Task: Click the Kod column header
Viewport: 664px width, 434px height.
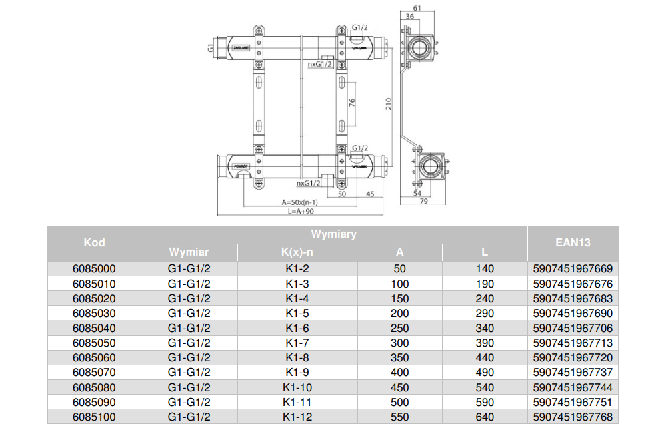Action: pos(94,243)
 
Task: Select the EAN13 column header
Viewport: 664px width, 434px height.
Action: pos(573,243)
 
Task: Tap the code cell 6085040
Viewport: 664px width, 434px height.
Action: pos(94,328)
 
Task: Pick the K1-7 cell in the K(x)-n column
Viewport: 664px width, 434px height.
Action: pos(297,343)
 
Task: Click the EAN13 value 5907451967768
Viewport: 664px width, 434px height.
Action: pos(573,417)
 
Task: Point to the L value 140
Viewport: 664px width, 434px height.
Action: pos(485,269)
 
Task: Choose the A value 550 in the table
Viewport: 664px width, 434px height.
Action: pos(400,417)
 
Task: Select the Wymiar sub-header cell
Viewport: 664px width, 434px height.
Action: pos(189,252)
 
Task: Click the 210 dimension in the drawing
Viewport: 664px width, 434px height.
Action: pos(389,103)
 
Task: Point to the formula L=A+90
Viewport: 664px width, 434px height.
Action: pos(300,211)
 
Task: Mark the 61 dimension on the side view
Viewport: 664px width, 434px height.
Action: pos(417,7)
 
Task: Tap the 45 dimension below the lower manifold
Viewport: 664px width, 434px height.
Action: pos(370,194)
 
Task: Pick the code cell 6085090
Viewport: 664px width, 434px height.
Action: pos(94,403)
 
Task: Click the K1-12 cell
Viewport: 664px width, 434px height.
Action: pos(297,417)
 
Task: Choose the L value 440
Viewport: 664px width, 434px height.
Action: pos(485,358)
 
